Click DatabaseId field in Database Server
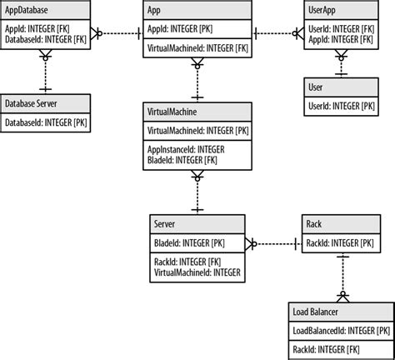tap(48, 122)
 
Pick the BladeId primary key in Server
tap(189, 242)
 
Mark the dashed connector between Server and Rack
tap(274, 243)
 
